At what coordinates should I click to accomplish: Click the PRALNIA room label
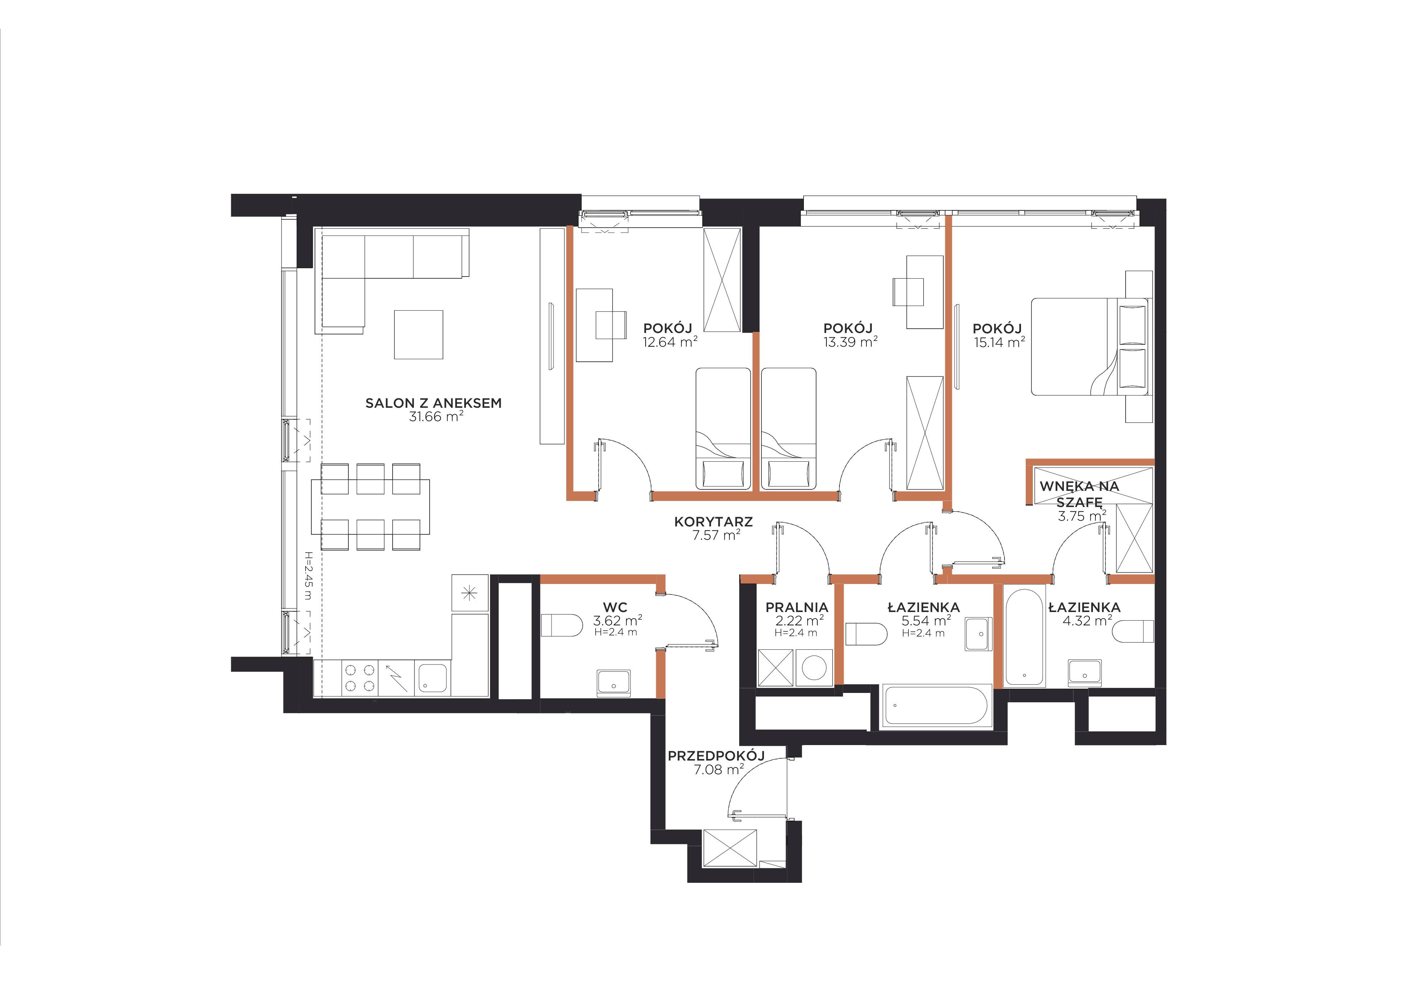pyautogui.click(x=797, y=607)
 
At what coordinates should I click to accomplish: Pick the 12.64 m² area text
pyautogui.click(x=670, y=342)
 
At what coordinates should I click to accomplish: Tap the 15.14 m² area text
pyautogui.click(x=999, y=342)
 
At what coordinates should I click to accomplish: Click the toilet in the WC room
pyautogui.click(x=561, y=626)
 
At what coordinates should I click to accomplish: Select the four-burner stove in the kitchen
pyautogui.click(x=359, y=678)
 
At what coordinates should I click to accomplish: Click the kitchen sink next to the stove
pyautogui.click(x=433, y=678)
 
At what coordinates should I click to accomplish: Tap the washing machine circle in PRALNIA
pyautogui.click(x=814, y=668)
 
